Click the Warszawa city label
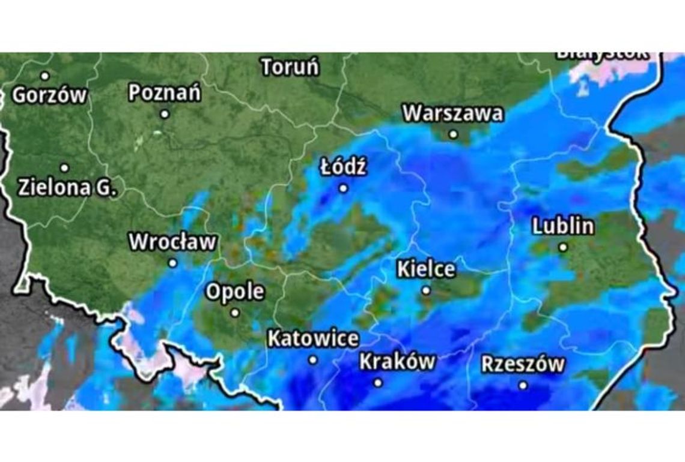(x=452, y=113)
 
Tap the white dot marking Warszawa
(x=453, y=134)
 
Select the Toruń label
(x=290, y=67)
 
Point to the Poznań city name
(x=165, y=93)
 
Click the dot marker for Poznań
(x=165, y=113)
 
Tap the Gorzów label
(x=50, y=95)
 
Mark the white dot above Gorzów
(x=44, y=76)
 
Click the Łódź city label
(x=342, y=167)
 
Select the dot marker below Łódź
(x=343, y=188)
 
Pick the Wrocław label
(x=173, y=242)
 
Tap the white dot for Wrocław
(x=173, y=263)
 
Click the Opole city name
(x=235, y=292)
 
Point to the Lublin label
(x=563, y=226)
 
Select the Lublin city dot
(x=563, y=247)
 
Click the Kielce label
(x=426, y=269)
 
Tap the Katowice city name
(x=313, y=339)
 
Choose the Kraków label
(x=397, y=362)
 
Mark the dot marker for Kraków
(x=378, y=382)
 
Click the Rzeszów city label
(x=523, y=364)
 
